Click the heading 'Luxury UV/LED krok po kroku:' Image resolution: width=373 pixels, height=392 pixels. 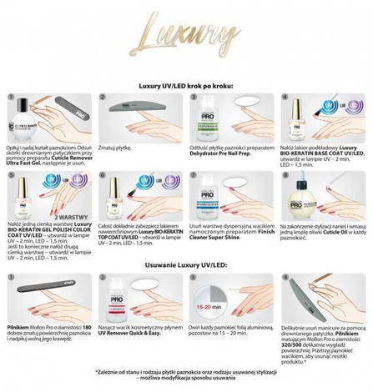[186, 86]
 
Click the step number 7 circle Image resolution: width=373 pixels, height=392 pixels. [195, 176]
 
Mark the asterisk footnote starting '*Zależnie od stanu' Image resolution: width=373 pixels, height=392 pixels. [186, 371]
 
